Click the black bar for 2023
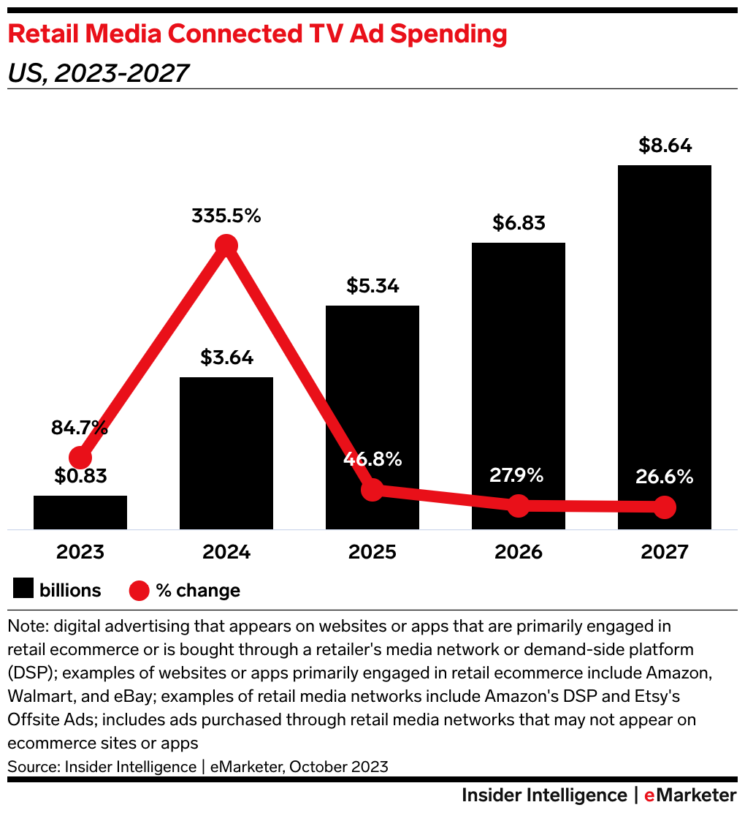click(x=80, y=512)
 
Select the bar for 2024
click(x=226, y=453)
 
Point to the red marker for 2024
click(x=226, y=246)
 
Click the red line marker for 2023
click(x=80, y=458)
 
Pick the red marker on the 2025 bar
click(x=372, y=490)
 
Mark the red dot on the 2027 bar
click(x=664, y=507)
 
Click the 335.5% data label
click(x=226, y=216)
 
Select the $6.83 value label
click(x=518, y=223)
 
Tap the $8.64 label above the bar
click(x=664, y=145)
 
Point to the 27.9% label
click(x=518, y=476)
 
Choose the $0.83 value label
click(x=80, y=477)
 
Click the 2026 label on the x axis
click(x=518, y=551)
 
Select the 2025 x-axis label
click(x=372, y=551)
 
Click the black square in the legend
click(x=24, y=589)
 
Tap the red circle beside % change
click(x=139, y=590)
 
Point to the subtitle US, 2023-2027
click(x=98, y=73)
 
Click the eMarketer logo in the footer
click(x=689, y=795)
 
